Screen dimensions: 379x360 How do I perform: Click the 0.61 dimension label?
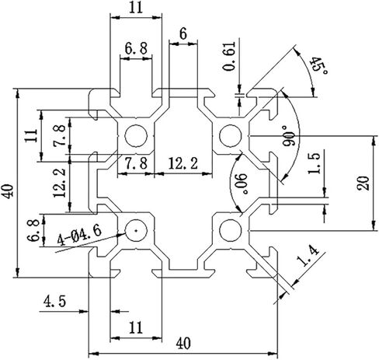[x=230, y=56]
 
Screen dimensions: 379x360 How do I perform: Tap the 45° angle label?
[x=318, y=66]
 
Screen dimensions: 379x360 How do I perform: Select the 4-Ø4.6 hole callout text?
[x=79, y=235]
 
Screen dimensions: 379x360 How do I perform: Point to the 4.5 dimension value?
[x=54, y=302]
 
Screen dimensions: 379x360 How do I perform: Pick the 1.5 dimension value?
[x=315, y=163]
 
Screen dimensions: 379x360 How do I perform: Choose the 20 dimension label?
[x=363, y=183]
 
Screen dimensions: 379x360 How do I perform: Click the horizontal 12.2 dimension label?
[x=183, y=163]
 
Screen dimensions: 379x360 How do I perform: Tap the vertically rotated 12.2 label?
[x=60, y=183]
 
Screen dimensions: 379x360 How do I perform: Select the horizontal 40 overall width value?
[x=183, y=344]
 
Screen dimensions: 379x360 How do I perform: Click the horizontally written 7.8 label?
[x=136, y=163]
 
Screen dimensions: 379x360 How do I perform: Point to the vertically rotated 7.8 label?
[x=60, y=135]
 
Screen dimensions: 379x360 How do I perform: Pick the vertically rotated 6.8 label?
[x=33, y=230]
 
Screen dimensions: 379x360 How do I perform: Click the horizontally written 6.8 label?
[x=136, y=48]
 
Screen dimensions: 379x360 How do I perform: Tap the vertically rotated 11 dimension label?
[x=31, y=135]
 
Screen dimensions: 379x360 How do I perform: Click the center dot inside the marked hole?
[x=136, y=230]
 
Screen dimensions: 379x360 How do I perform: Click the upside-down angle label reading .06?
[x=241, y=183]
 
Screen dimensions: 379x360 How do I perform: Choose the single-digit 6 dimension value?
[x=183, y=34]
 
